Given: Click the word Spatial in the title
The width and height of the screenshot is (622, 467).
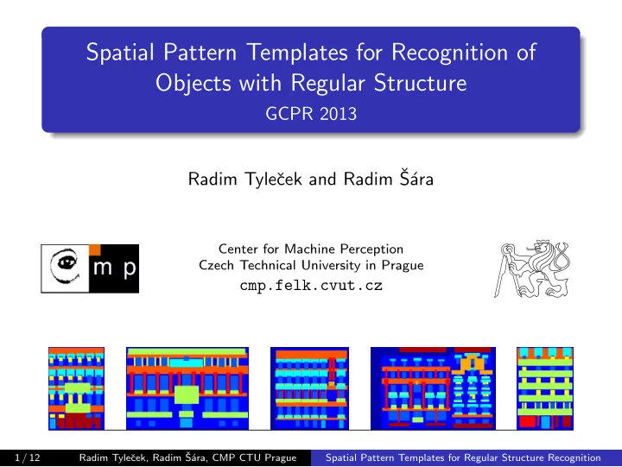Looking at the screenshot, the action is (x=120, y=53).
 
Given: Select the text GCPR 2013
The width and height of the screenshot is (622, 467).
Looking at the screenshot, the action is (x=311, y=114).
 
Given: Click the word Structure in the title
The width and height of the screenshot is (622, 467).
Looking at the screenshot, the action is (x=420, y=83).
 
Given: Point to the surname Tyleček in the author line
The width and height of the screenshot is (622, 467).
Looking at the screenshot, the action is (x=273, y=179).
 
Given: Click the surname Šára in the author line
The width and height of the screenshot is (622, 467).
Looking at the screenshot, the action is (x=416, y=178).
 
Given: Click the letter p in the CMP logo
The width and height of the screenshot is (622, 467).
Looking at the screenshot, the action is (x=130, y=268).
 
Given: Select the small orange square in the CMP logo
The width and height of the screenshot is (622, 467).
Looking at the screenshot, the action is (x=95, y=249).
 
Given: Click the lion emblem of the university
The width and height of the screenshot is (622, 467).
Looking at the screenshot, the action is (x=532, y=268).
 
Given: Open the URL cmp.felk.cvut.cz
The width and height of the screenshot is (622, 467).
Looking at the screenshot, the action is (x=311, y=285).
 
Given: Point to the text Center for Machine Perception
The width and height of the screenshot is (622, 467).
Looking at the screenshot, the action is (x=311, y=249).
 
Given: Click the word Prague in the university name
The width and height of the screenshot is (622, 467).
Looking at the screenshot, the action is (x=403, y=265).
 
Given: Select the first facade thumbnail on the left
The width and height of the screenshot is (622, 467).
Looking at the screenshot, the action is (x=76, y=388).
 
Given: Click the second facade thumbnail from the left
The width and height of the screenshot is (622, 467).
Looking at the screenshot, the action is (x=187, y=388).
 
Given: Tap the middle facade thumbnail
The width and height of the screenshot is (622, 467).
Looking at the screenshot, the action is (x=309, y=388).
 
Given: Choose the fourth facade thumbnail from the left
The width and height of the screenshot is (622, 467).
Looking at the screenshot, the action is (x=433, y=388).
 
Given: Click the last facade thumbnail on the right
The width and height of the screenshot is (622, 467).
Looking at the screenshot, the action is (x=545, y=388).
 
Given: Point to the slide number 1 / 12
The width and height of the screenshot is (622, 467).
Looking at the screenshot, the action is (x=28, y=458).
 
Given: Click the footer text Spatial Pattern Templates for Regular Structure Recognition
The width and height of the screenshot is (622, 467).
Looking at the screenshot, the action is (x=463, y=458).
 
